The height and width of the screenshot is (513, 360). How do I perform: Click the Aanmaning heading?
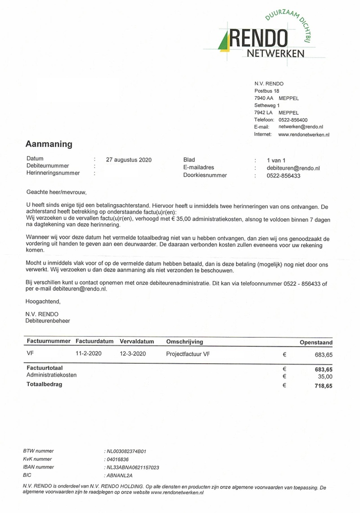(x=49, y=144)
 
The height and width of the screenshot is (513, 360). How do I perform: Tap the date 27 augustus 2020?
(x=129, y=160)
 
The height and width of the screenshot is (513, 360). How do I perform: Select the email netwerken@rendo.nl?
(x=301, y=127)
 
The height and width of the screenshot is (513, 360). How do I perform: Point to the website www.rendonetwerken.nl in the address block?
(x=304, y=134)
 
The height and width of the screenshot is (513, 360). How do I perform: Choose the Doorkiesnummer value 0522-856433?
(x=283, y=176)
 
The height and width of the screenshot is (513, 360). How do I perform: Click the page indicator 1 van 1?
(x=276, y=160)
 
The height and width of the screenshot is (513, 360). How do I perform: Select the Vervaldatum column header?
(x=137, y=342)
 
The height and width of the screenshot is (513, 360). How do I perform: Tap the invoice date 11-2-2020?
(x=89, y=353)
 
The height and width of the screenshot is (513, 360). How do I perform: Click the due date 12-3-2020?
(x=133, y=353)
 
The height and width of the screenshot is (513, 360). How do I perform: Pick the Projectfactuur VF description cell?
(x=188, y=354)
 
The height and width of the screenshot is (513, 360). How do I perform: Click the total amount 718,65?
(x=324, y=386)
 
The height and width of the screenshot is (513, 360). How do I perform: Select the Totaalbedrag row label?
(x=45, y=384)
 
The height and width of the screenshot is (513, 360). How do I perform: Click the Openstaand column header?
(x=316, y=343)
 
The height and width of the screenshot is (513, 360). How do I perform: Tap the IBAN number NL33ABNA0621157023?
(x=132, y=467)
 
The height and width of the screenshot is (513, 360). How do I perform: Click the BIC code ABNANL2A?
(x=119, y=475)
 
